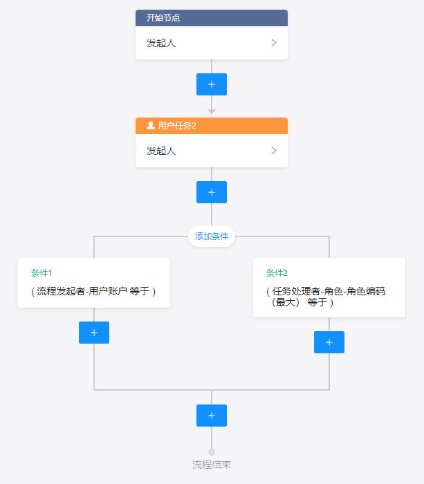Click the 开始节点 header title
163,18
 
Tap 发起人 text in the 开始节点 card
161,43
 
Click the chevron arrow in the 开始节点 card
274,43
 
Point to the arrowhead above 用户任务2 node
212,111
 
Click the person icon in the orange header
151,126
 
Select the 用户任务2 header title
177,126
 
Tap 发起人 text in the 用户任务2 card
161,151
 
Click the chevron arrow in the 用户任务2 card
274,151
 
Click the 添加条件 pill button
212,236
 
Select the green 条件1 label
42,273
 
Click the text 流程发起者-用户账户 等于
93,292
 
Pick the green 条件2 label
277,273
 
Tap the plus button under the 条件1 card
94,333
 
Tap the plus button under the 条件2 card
329,342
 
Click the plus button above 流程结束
212,416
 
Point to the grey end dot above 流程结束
212,452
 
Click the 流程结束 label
212,465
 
